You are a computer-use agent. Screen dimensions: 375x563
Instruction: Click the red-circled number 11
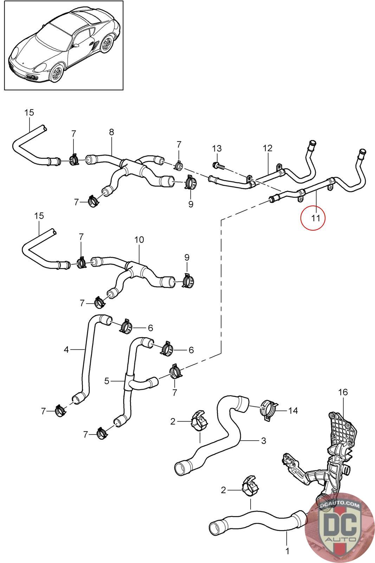(316, 218)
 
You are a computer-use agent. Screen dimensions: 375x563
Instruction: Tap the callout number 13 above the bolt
(217, 148)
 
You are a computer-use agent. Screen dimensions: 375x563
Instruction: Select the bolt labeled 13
(218, 165)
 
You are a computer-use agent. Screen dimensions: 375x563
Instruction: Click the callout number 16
(343, 392)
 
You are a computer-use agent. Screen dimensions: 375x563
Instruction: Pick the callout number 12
(267, 148)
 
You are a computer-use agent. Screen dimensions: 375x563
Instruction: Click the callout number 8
(111, 132)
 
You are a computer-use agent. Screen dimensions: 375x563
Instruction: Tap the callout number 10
(139, 240)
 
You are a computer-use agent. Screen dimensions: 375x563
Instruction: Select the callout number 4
(66, 349)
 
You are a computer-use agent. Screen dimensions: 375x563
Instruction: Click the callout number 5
(107, 381)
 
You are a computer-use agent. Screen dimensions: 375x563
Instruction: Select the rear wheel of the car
(107, 44)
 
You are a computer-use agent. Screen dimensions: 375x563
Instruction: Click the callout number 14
(293, 410)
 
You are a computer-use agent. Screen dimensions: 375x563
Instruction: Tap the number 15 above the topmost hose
(29, 112)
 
